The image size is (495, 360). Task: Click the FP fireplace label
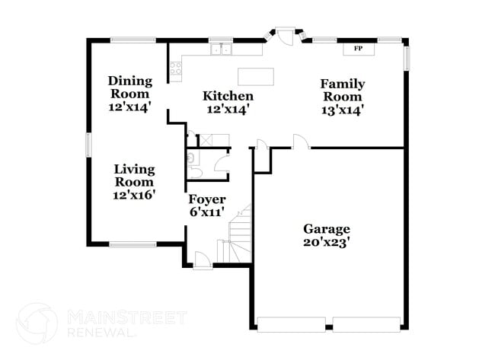coord(357,49)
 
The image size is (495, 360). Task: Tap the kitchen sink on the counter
coord(222,50)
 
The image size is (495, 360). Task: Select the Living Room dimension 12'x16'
coord(134,195)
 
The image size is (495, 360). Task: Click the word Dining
coord(129,80)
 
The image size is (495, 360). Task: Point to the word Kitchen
coord(228,96)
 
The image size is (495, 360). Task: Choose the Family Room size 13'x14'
coord(342,110)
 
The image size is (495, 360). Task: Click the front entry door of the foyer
coord(203,260)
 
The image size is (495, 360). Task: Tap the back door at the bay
coord(286,35)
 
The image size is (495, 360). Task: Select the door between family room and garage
coord(301,142)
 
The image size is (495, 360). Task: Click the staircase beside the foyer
coord(235,236)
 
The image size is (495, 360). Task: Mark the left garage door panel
coord(292,324)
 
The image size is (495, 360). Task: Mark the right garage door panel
coord(366,324)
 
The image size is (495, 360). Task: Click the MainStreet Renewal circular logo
coord(37,323)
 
